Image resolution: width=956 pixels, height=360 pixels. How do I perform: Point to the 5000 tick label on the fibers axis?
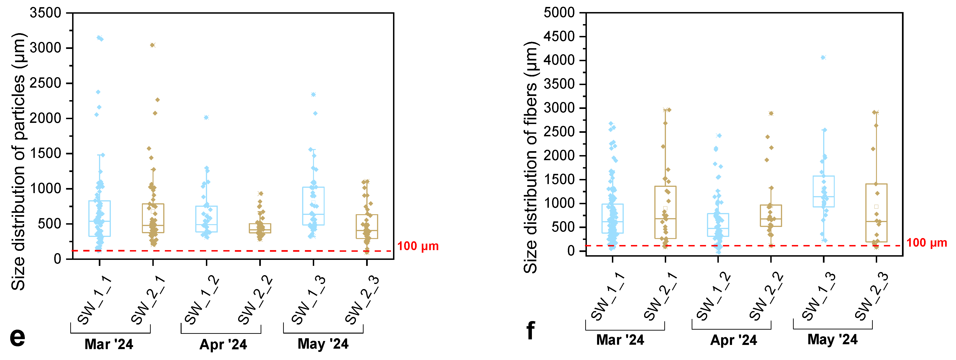coord(559,13)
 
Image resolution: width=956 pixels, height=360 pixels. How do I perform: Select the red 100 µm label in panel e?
coord(418,246)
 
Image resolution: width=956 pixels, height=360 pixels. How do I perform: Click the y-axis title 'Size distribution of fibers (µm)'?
coord(531,158)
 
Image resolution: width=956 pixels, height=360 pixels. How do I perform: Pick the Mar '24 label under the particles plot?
coord(109,344)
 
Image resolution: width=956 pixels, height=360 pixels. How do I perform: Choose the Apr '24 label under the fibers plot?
coord(733,340)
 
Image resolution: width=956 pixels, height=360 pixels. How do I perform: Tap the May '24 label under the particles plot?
coord(323,344)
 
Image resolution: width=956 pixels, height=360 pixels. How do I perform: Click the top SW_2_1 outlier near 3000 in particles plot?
coord(153,45)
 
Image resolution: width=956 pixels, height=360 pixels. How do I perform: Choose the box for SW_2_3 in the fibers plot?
coord(876,213)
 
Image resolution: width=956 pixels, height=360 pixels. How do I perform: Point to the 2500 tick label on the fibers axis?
coord(559,132)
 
